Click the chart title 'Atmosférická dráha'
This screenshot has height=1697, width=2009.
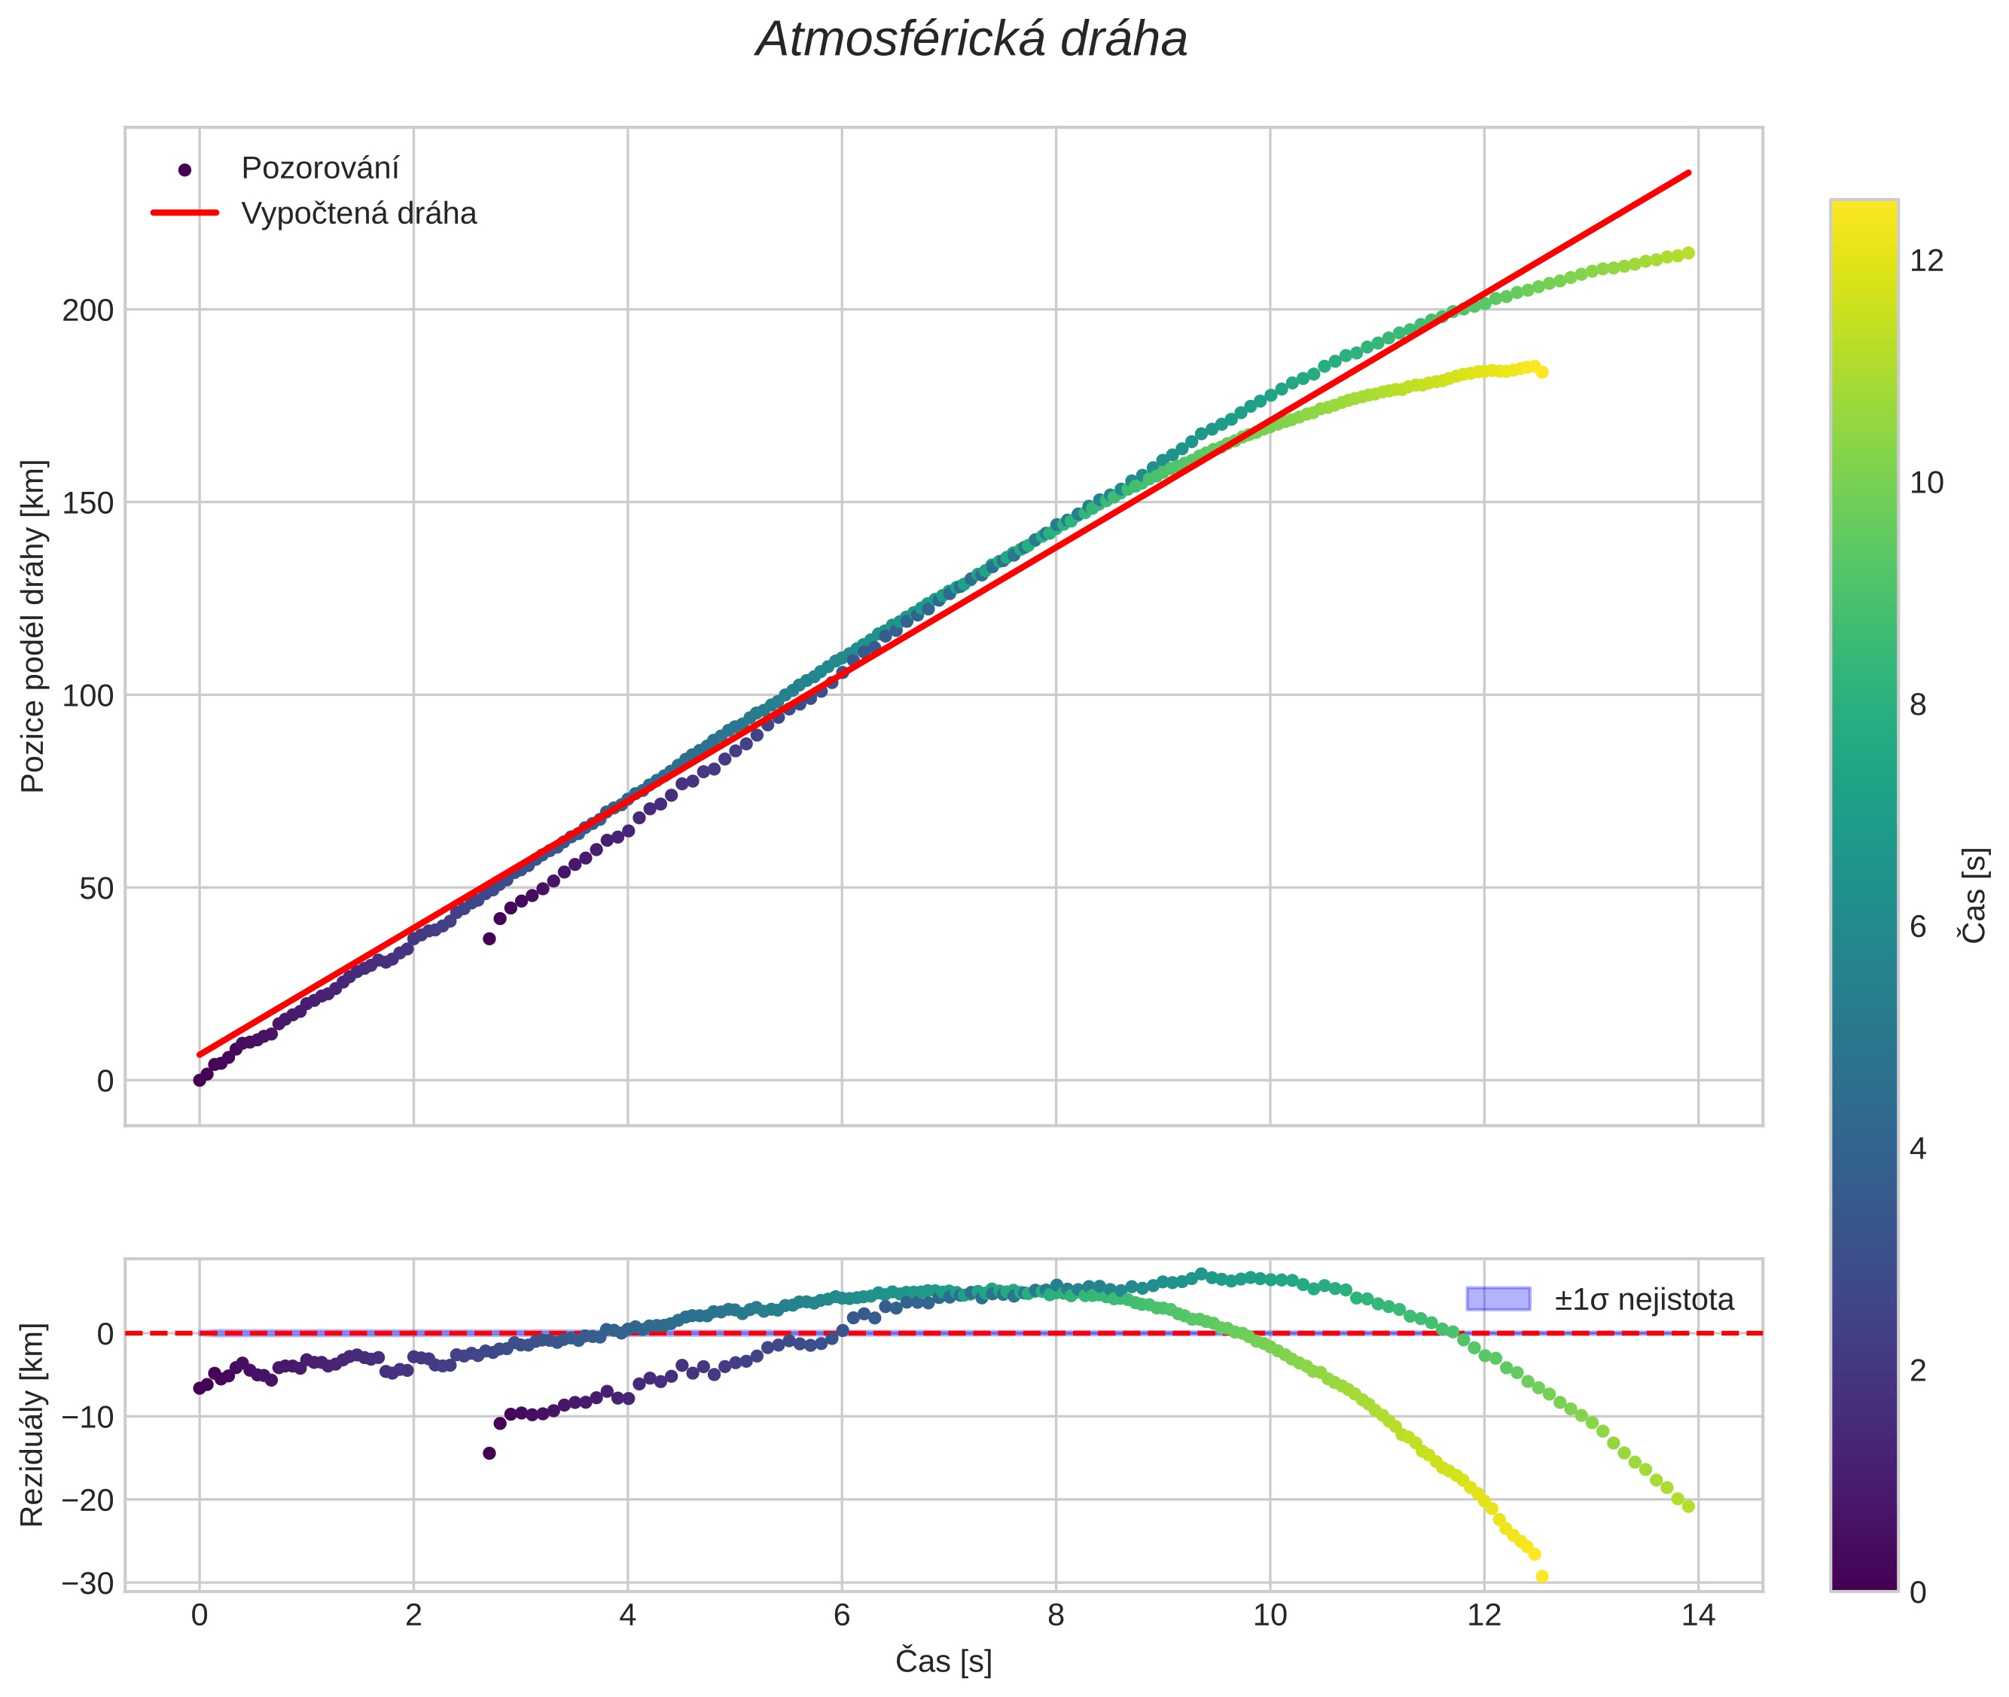tap(971, 41)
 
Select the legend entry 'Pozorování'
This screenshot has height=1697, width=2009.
tap(319, 169)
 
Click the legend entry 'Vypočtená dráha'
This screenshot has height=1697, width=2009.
tap(358, 214)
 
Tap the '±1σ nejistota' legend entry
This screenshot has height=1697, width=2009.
tap(1642, 1300)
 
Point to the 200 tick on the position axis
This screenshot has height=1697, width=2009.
tap(87, 311)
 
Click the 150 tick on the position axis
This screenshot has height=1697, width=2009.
tap(87, 503)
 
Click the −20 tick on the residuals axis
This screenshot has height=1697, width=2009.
tap(87, 1500)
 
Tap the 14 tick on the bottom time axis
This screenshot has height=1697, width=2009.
tap(1697, 1615)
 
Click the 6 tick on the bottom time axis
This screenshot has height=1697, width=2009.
tap(842, 1615)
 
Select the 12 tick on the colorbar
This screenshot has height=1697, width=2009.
tap(1926, 261)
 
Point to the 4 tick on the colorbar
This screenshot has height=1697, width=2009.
tap(1918, 1149)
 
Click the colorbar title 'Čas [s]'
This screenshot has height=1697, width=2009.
tap(1974, 896)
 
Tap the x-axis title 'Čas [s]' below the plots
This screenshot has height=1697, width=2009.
tap(944, 1662)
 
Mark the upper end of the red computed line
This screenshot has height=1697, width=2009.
tap(1689, 173)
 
